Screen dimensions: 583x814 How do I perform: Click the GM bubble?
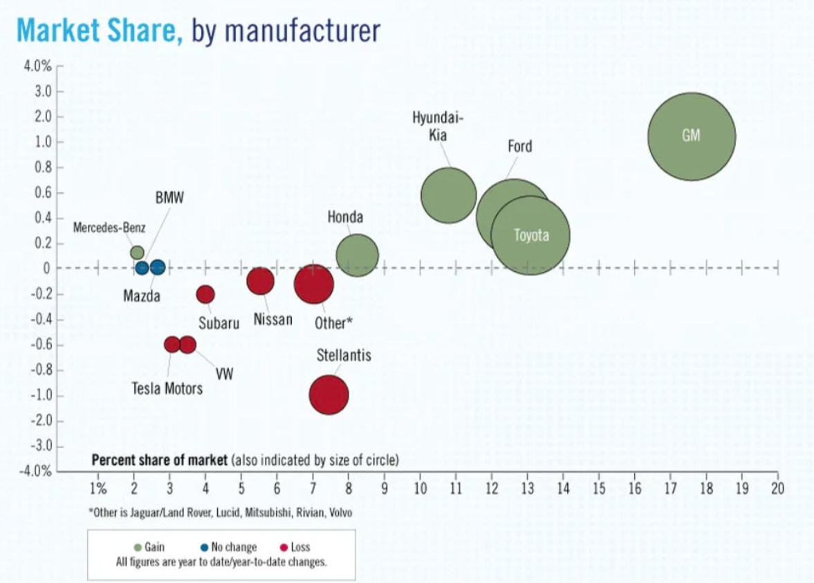[691, 136]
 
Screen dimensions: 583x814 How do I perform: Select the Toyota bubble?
[530, 235]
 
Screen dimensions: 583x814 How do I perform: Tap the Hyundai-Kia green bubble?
[449, 195]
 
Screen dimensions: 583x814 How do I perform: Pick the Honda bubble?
[357, 255]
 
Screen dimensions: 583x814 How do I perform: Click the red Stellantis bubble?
[329, 395]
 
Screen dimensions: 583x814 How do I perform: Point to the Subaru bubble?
[205, 295]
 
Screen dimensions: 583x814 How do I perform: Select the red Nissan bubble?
[261, 281]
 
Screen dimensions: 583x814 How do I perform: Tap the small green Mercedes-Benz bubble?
[137, 252]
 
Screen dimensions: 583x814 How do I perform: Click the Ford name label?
[519, 147]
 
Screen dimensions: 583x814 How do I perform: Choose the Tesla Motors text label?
[167, 389]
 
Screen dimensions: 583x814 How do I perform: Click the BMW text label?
[169, 198]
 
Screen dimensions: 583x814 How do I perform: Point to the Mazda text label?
[142, 297]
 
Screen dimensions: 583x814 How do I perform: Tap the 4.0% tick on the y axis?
[38, 66]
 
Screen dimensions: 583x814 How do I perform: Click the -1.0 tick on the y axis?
[42, 396]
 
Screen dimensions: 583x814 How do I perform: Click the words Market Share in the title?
[100, 30]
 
